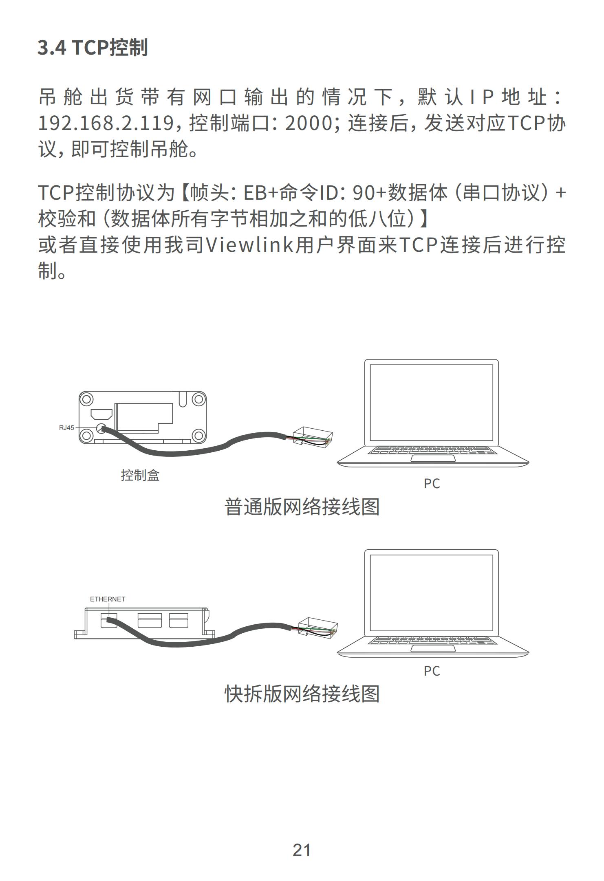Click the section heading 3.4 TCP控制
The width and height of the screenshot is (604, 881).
[93, 48]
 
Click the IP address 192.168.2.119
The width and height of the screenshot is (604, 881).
[106, 123]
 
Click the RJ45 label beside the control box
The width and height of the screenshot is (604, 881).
[66, 428]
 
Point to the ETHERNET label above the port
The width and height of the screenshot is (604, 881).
[108, 599]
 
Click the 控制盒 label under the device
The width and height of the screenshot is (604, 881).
[140, 475]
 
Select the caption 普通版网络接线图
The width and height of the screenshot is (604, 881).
[302, 507]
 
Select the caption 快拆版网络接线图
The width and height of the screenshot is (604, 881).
[302, 694]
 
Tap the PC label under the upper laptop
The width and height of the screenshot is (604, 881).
[432, 484]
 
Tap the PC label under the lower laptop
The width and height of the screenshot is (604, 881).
[432, 671]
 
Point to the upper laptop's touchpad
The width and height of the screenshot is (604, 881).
[433, 458]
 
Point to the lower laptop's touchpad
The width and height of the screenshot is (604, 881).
[433, 649]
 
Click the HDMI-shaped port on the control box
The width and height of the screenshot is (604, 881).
[101, 414]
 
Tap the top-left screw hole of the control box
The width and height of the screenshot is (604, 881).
[86, 399]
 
